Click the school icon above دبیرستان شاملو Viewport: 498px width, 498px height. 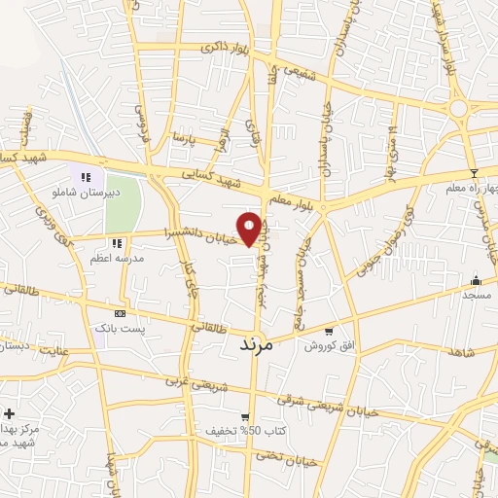click(87, 178)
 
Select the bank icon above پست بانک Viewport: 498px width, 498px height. click(120, 314)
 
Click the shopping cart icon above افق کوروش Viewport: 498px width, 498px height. click(328, 331)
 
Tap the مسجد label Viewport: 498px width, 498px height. click(476, 294)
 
